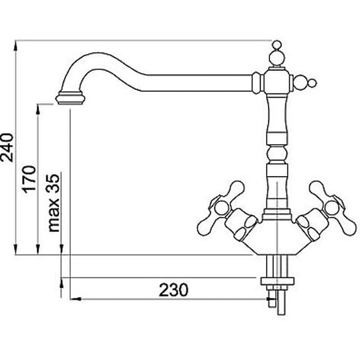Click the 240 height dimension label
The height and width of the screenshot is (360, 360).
coord(7,148)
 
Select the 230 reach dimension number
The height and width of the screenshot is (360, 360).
coord(173,290)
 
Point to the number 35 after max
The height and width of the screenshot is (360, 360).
coord(53,183)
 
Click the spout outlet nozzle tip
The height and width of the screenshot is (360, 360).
coord(70,98)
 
